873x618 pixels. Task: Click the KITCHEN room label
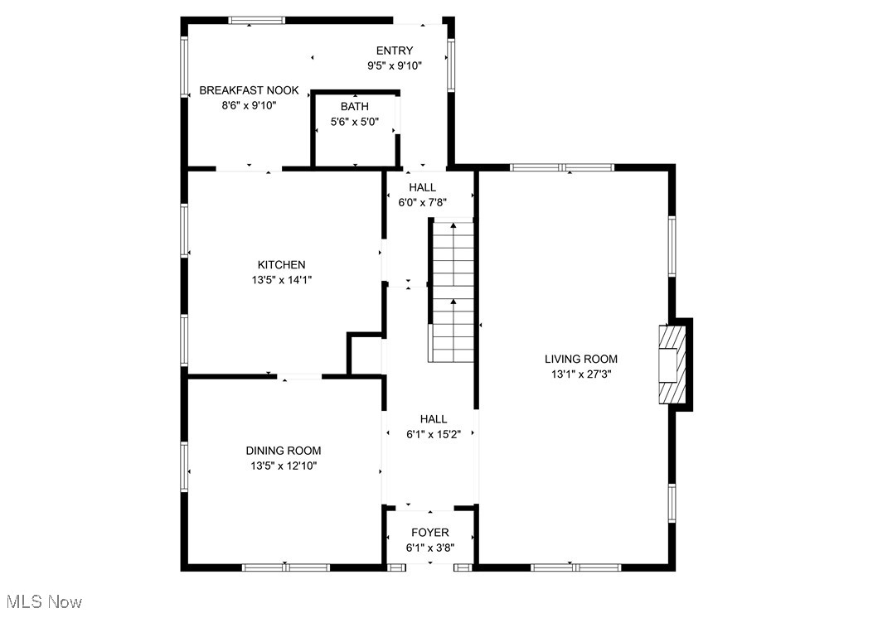281,265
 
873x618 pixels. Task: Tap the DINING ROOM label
284,451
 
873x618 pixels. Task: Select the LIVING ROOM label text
580,359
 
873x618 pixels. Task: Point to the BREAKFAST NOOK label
249,90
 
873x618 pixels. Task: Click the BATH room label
355,106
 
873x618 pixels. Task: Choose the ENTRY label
394,51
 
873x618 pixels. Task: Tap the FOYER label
429,533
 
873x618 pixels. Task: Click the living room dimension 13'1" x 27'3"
581,374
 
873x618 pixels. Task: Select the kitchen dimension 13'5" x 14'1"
281,280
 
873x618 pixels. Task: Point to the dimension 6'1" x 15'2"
433,434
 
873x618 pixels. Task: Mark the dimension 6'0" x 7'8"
422,202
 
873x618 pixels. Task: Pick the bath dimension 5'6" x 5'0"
355,121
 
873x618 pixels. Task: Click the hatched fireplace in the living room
672,365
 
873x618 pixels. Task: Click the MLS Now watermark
44,601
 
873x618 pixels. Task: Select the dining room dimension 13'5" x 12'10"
284,466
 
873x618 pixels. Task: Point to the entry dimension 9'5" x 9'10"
394,65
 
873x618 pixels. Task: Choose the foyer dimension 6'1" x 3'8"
429,548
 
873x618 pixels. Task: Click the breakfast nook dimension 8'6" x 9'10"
249,105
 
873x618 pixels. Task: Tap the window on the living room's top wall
562,167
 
